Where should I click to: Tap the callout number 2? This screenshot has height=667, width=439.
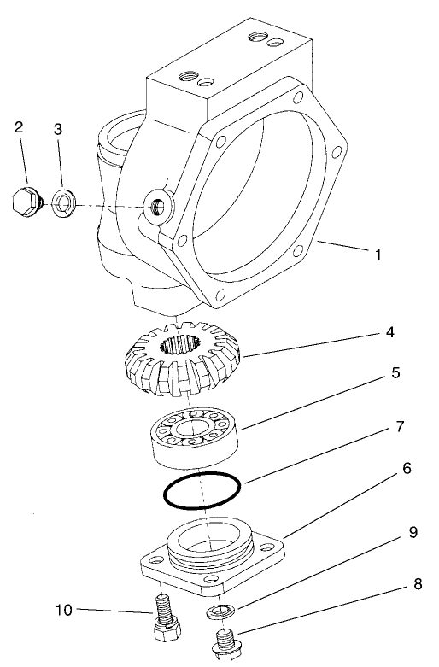pyautogui.click(x=18, y=127)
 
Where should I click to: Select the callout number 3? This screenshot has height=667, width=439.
pyautogui.click(x=59, y=129)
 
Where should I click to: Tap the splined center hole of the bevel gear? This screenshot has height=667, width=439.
pyautogui.click(x=180, y=347)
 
